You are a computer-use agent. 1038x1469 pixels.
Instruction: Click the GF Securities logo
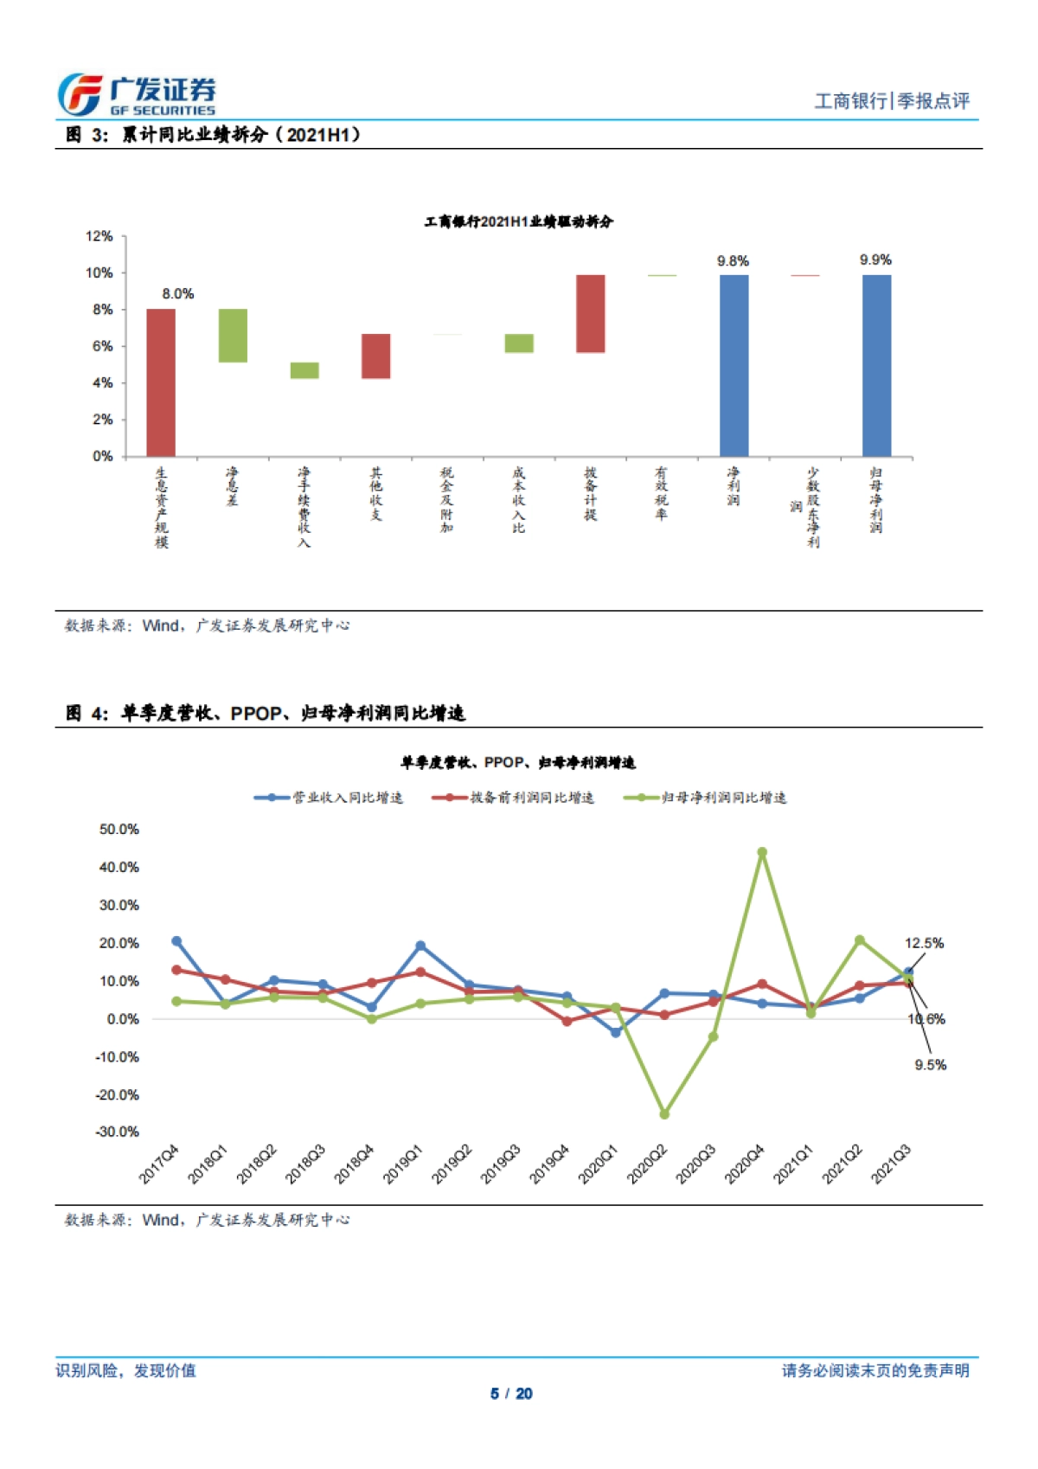(137, 94)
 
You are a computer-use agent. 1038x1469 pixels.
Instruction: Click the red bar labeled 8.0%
(161, 382)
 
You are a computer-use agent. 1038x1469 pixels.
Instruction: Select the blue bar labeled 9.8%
(734, 365)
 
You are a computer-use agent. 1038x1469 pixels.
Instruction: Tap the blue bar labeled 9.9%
(876, 365)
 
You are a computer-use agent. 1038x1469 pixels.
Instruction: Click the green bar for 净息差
(233, 335)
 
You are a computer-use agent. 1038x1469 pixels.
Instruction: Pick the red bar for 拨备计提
(591, 313)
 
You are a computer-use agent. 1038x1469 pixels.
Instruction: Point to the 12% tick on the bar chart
(99, 236)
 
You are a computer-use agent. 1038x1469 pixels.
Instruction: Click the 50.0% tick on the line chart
(119, 829)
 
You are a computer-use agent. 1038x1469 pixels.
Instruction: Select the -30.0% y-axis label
(118, 1132)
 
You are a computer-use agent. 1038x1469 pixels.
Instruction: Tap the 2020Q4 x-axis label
(745, 1164)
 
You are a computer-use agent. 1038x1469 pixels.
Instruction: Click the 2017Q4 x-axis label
(159, 1164)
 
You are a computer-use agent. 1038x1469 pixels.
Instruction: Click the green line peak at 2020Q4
(762, 852)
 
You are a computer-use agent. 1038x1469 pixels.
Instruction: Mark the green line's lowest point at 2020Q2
(664, 1114)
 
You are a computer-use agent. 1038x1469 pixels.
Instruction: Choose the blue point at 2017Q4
(176, 941)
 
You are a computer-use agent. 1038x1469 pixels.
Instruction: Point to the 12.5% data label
(924, 943)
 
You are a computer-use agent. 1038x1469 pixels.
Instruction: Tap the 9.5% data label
(931, 1065)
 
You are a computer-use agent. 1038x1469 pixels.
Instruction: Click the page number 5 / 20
(511, 1394)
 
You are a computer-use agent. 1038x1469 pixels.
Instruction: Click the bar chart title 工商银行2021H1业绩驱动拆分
(518, 222)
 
